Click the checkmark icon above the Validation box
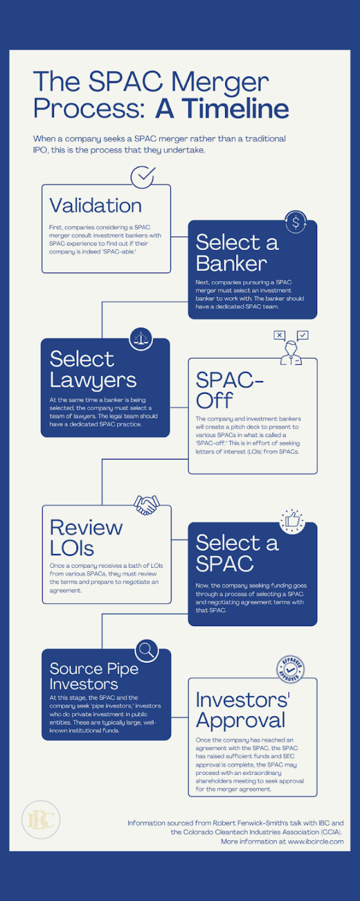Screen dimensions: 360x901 tap(143, 177)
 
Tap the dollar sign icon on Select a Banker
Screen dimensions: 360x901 tap(295, 221)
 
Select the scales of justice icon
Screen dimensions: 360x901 tap(141, 338)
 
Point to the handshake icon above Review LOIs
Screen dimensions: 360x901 tap(146, 505)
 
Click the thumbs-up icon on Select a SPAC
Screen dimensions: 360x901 tap(292, 522)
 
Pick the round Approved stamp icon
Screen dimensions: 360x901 tap(290, 670)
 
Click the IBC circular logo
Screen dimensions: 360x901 tap(40, 820)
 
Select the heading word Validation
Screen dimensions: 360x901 tap(95, 205)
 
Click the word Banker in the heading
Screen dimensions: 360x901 tap(231, 264)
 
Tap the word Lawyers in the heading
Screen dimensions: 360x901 tap(93, 381)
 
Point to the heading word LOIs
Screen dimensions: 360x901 tap(72, 547)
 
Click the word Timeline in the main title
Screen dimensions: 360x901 tap(222, 108)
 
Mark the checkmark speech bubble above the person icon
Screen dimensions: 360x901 tap(302, 335)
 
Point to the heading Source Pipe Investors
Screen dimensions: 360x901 tap(94, 676)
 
